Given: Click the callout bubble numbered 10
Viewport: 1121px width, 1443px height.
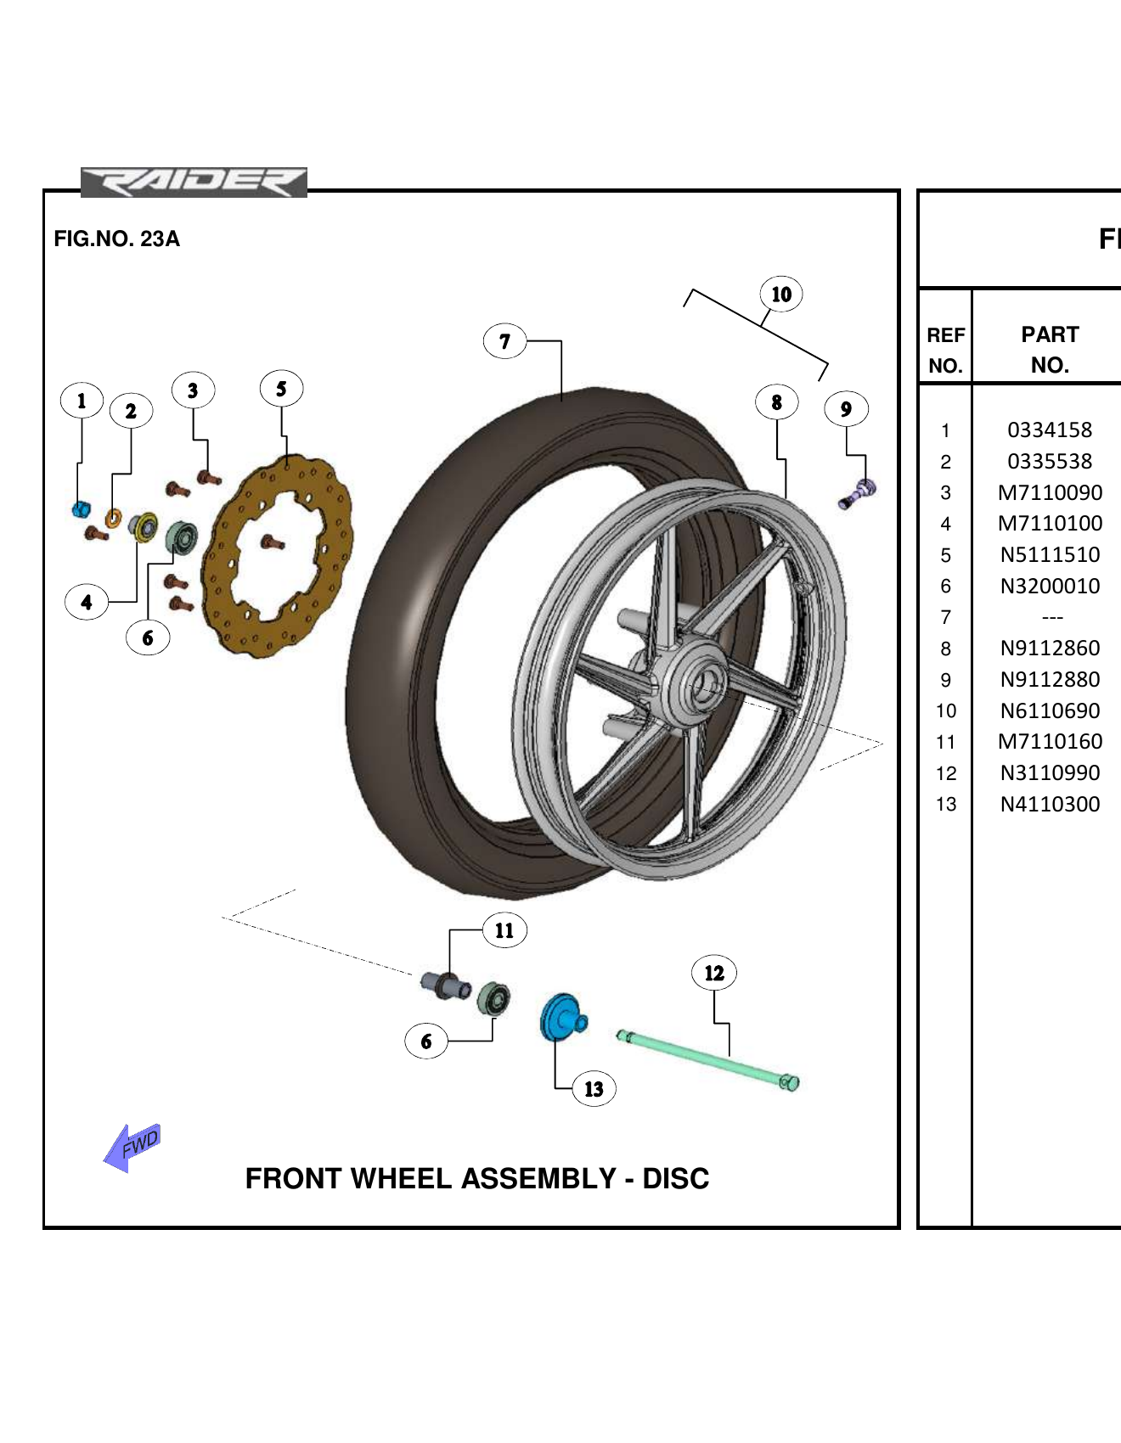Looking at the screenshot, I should pyautogui.click(x=781, y=295).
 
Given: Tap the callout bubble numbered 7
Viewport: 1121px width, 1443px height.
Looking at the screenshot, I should pyautogui.click(x=504, y=341).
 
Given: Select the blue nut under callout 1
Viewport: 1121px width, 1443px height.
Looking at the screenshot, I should pyautogui.click(x=81, y=509).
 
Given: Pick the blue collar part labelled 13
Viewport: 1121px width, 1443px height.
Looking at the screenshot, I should pyautogui.click(x=561, y=1017).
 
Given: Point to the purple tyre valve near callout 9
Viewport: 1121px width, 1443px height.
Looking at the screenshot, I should pyautogui.click(x=859, y=493).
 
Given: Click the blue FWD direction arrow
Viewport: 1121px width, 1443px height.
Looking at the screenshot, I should pyautogui.click(x=132, y=1147).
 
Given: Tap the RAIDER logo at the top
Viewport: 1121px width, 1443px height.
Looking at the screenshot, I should pyautogui.click(x=194, y=182).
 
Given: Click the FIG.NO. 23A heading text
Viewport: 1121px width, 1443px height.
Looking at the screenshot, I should pyautogui.click(x=116, y=239).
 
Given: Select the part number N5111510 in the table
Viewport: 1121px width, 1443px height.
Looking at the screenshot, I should pyautogui.click(x=1050, y=555).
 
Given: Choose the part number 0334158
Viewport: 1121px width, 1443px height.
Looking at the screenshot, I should pyautogui.click(x=1050, y=430).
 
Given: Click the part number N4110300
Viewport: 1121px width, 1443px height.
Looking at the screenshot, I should pyautogui.click(x=1050, y=805).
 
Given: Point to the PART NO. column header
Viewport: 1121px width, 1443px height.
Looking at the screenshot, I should pyautogui.click(x=1050, y=349).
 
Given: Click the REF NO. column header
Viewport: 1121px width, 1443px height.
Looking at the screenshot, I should pyautogui.click(x=945, y=350).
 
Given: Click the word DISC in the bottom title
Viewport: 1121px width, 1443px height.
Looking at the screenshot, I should pyautogui.click(x=675, y=1179).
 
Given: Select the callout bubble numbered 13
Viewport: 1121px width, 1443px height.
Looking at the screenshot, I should pyautogui.click(x=594, y=1089).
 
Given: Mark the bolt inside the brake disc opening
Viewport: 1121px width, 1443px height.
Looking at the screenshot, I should pyautogui.click(x=271, y=542).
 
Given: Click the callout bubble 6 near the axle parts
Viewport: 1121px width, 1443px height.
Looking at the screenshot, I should pyautogui.click(x=426, y=1042).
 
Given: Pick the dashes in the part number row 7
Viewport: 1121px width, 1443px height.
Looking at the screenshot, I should pyautogui.click(x=1052, y=618).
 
